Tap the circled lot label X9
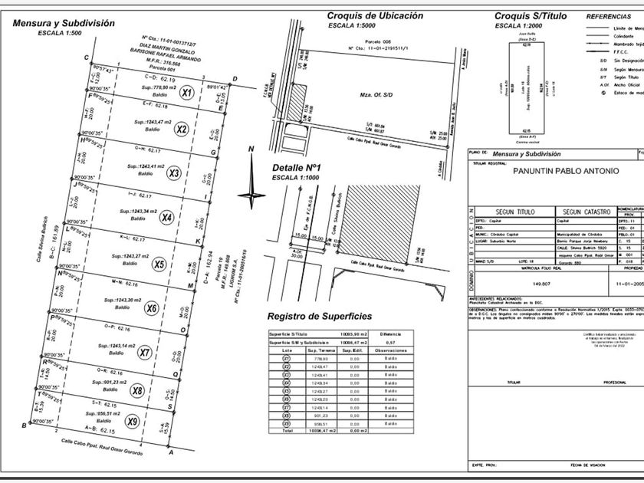pos(132,421)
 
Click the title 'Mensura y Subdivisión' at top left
pos(63,23)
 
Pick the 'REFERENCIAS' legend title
pos(609,15)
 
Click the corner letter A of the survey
pos(171,453)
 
